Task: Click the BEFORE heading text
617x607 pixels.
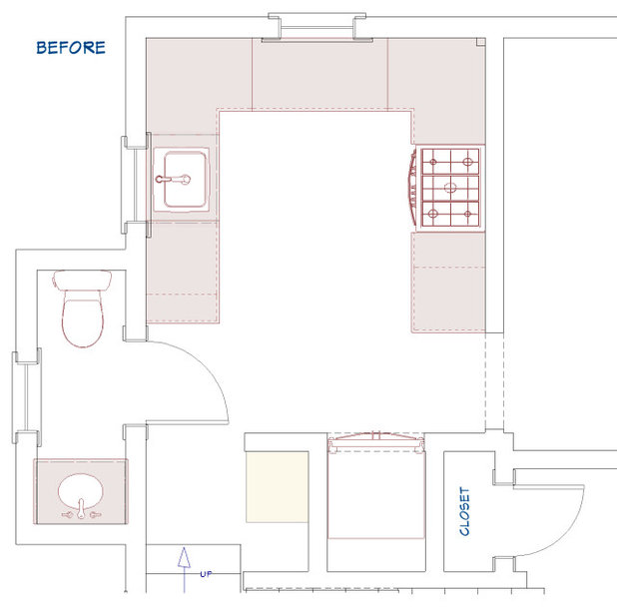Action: (x=71, y=48)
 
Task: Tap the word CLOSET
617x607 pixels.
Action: (x=464, y=511)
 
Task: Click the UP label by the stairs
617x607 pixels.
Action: (x=206, y=574)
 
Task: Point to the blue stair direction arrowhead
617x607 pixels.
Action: (x=184, y=557)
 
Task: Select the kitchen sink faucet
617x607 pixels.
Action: (x=173, y=180)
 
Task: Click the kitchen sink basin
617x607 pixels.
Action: (x=185, y=180)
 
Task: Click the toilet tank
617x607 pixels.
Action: (x=82, y=281)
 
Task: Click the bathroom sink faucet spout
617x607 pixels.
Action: (x=81, y=508)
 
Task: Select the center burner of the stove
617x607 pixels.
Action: (x=450, y=188)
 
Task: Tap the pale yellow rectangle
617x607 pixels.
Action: (x=277, y=487)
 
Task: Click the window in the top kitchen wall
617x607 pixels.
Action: (x=317, y=28)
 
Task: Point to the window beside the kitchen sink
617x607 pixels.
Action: (x=136, y=185)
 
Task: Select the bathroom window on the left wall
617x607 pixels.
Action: (x=27, y=397)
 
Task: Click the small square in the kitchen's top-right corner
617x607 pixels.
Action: (x=481, y=42)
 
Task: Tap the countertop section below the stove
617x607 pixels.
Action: (x=448, y=283)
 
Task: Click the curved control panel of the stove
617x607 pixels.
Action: (x=412, y=188)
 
